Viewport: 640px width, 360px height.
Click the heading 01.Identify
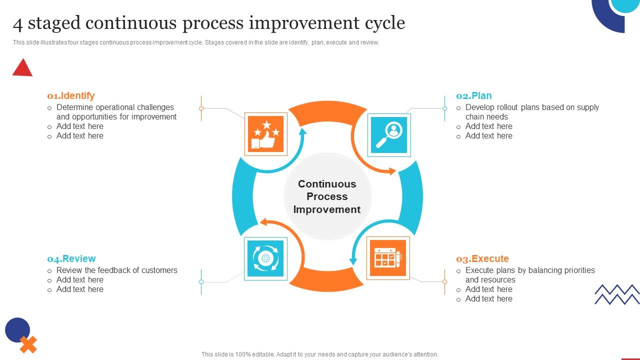click(x=70, y=95)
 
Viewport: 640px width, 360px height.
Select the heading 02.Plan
click(x=473, y=95)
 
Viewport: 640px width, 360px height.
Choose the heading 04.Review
click(x=71, y=258)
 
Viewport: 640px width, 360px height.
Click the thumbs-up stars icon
click(x=266, y=134)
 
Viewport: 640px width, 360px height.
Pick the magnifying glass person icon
click(x=389, y=135)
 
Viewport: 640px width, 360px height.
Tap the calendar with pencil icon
click(x=388, y=258)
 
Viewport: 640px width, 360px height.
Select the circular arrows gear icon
click(x=265, y=258)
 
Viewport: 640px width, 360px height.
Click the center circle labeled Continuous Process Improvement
click(x=327, y=196)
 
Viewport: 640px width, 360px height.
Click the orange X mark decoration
click(x=28, y=344)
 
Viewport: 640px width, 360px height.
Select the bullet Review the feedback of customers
click(x=117, y=270)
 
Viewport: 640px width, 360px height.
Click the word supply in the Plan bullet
click(x=587, y=107)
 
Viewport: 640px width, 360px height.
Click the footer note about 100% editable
click(x=319, y=354)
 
